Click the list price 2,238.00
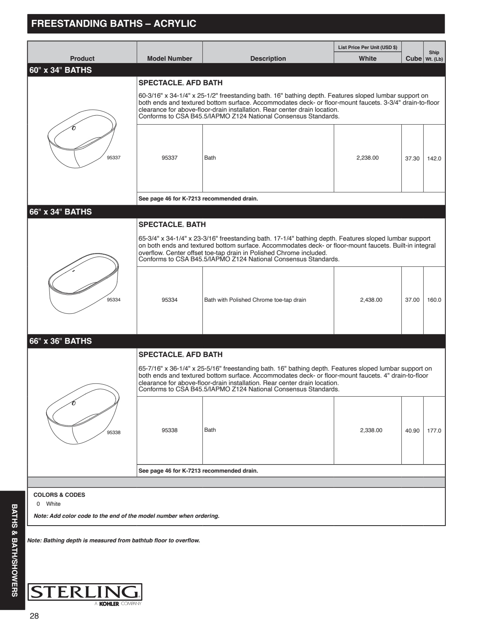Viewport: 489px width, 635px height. pos(367,158)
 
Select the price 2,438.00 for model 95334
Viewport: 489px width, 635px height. pos(371,300)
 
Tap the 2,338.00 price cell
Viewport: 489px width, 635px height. pos(371,430)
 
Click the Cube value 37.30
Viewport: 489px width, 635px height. pos(412,158)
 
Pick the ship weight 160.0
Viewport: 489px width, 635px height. pos(434,300)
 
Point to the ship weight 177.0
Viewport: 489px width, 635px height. pos(434,431)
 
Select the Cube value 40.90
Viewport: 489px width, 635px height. pos(412,431)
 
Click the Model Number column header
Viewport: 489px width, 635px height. pos(169,58)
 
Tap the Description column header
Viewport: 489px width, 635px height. pos(268,58)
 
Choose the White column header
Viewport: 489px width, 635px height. pos(367,58)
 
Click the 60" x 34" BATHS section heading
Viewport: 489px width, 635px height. pos(61,70)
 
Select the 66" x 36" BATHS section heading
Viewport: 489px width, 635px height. pos(61,341)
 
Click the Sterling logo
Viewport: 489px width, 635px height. pos(85,593)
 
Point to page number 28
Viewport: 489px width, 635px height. pos(34,616)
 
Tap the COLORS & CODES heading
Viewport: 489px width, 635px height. pos(59,495)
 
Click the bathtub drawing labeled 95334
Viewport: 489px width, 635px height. pos(83,283)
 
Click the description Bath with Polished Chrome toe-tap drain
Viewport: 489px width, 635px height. pos(255,300)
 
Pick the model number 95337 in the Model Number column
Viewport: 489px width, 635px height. pos(169,158)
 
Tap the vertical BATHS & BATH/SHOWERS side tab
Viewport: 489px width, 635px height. pos(14,550)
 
